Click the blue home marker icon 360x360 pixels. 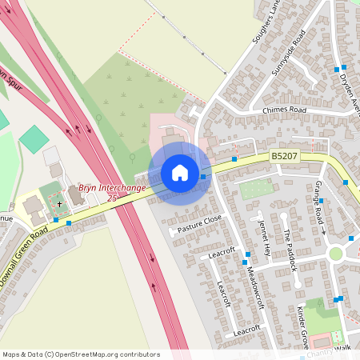coord(180,173)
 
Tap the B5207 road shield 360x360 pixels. coord(284,158)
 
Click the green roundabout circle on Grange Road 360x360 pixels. coord(335,254)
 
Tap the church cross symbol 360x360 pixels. coord(58,205)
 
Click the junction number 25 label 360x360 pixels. coord(112,197)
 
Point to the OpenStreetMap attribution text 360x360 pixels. coord(81,354)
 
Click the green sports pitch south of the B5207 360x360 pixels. coord(256,190)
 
